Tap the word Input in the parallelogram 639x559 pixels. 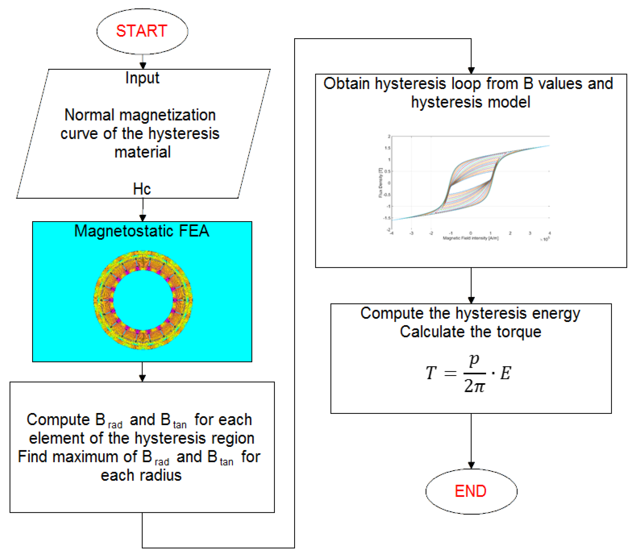142,78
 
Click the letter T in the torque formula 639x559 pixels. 431,373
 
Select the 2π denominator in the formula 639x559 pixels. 474,386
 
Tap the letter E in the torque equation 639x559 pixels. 505,373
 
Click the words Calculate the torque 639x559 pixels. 470,332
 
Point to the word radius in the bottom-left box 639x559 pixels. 160,475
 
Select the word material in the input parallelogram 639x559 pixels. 143,152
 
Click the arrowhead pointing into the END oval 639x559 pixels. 471,465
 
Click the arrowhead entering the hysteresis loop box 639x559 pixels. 471,71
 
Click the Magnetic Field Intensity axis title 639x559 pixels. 470,238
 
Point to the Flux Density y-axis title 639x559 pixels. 380,182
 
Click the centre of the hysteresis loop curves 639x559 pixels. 470,183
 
